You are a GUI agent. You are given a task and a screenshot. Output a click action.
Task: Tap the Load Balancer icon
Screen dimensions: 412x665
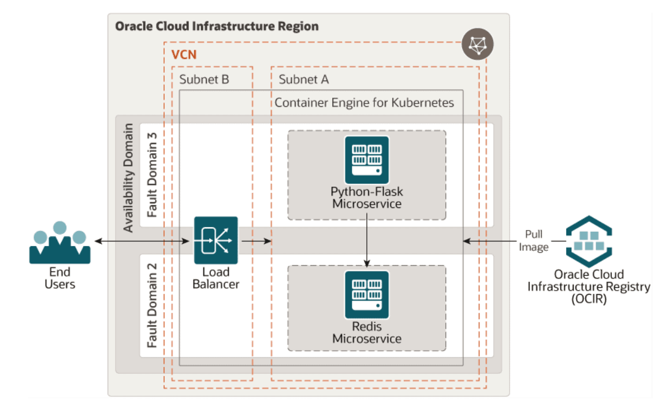point(216,240)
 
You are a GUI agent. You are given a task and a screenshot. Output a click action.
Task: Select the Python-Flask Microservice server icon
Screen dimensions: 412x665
point(367,159)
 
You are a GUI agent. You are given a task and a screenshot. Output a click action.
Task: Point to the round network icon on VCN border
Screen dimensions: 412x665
point(477,46)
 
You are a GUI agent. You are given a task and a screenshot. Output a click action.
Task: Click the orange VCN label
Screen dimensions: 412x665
point(184,57)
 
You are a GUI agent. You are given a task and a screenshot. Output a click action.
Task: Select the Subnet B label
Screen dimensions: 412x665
point(204,79)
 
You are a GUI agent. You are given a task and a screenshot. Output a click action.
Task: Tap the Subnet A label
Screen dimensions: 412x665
point(304,79)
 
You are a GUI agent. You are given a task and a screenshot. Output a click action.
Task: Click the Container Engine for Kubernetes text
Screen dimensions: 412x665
point(364,103)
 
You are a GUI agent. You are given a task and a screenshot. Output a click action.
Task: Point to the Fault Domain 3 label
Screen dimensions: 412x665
point(152,173)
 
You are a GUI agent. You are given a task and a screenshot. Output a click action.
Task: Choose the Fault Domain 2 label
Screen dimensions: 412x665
point(152,306)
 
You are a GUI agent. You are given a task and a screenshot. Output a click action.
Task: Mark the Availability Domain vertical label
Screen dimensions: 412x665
point(128,177)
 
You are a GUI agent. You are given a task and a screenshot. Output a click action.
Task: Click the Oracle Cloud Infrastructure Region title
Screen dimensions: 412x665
point(217,27)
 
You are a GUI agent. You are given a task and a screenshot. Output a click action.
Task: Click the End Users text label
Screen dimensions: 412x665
point(60,277)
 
